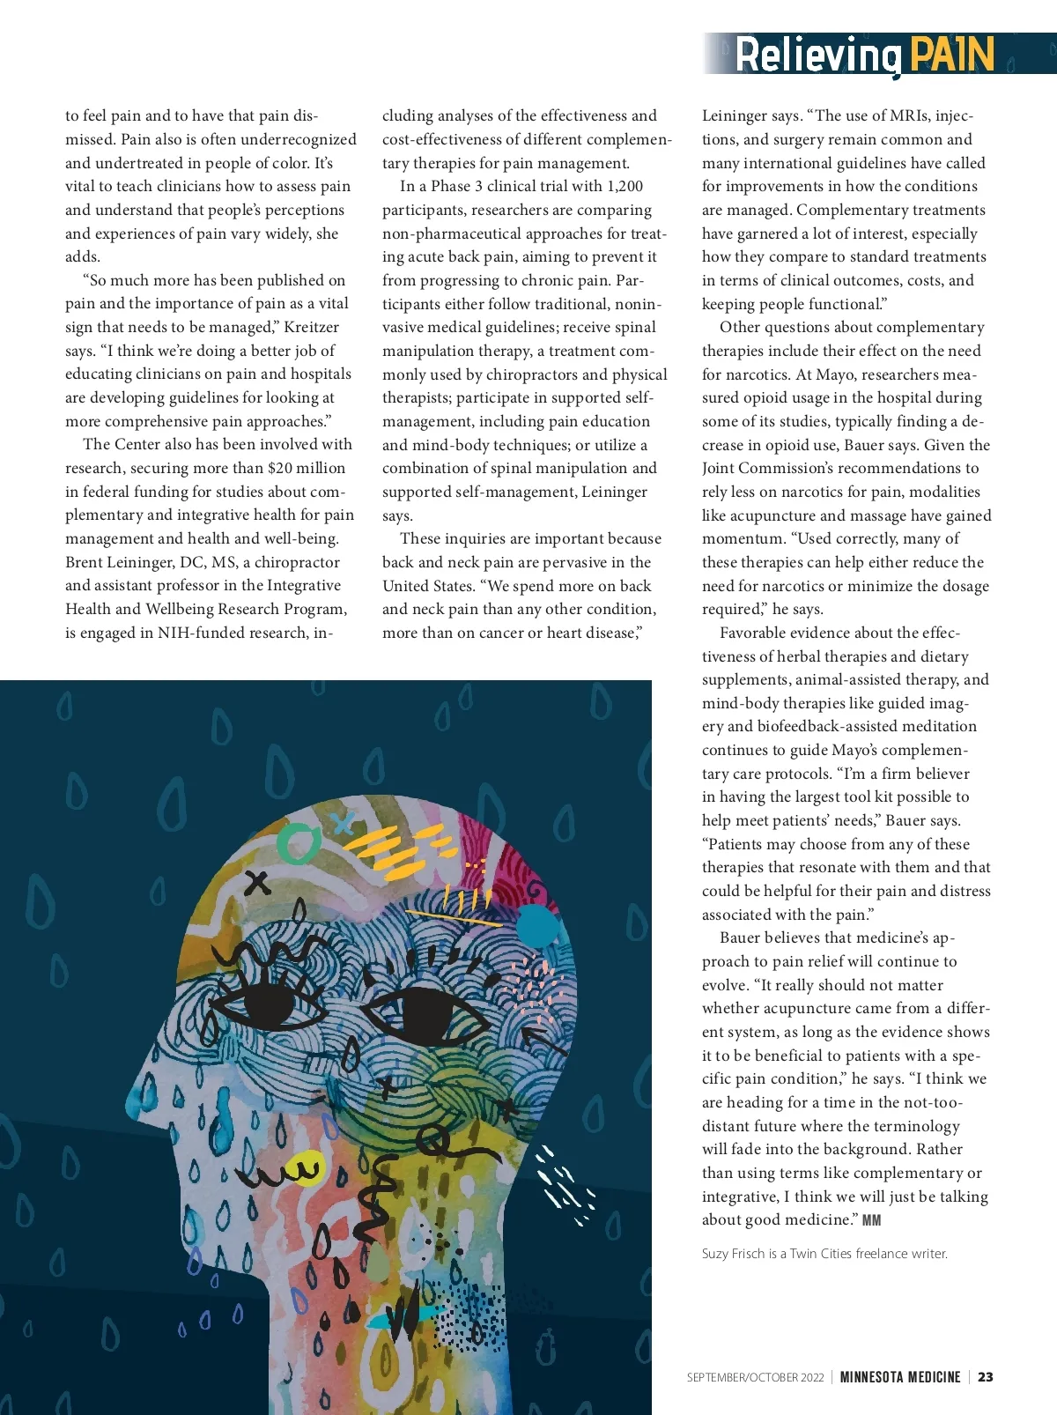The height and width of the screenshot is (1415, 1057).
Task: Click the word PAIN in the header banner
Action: click(951, 55)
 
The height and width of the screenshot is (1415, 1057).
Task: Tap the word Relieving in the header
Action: click(817, 56)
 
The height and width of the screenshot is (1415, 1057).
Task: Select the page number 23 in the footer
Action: click(986, 1377)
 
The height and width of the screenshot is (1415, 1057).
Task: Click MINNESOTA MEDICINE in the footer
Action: click(900, 1377)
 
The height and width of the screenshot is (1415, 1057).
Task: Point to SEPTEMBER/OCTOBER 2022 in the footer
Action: click(755, 1377)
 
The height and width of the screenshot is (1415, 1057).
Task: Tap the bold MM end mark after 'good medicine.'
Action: click(871, 1220)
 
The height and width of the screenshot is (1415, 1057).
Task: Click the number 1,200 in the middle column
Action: click(625, 186)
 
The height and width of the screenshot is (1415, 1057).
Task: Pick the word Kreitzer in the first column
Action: click(311, 327)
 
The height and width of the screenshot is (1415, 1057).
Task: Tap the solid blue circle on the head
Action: click(536, 925)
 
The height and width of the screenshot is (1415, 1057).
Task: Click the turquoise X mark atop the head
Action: click(344, 823)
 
